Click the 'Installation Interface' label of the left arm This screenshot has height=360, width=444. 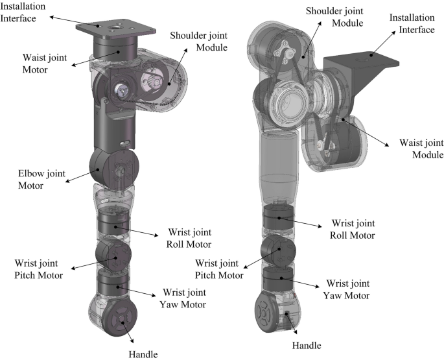25,13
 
